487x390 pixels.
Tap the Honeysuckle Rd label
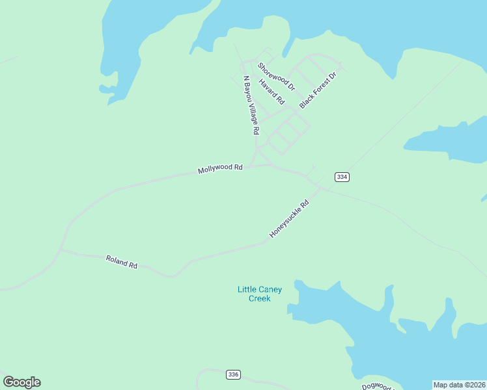[288, 218]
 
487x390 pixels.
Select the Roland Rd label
[122, 262]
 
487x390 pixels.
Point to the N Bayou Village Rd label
[251, 105]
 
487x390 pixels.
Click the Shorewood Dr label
[276, 76]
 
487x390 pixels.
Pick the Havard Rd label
[271, 92]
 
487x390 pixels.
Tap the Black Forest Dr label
[318, 90]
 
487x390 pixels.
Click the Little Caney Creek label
[259, 294]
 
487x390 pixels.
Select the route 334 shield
[342, 177]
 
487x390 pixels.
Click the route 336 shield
[234, 374]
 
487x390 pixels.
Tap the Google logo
[21, 382]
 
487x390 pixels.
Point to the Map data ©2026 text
[459, 385]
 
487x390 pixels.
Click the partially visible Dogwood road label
[378, 386]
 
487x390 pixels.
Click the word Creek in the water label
[259, 299]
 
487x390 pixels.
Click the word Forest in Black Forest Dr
[320, 88]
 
